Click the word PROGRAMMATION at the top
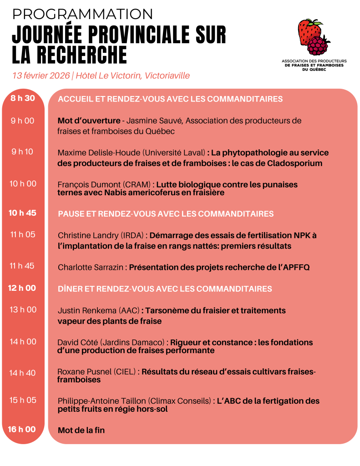[82, 14]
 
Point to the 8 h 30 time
[23, 98]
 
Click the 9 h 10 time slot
[22, 152]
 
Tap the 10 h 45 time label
[23, 213]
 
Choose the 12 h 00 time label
[23, 288]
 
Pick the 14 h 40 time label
[23, 373]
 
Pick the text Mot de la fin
[81, 430]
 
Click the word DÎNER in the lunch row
[69, 289]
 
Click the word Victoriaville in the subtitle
[167, 76]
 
